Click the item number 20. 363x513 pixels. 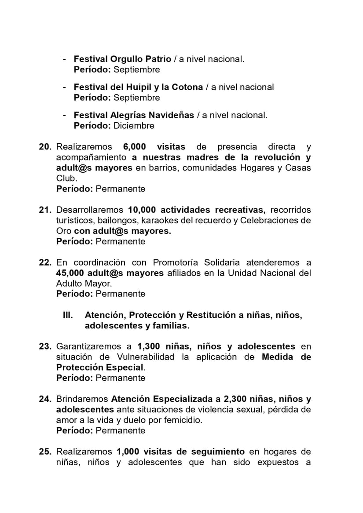[45, 147]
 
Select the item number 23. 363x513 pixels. [45, 346]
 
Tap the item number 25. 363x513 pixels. [45, 451]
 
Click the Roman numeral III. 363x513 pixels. [69, 315]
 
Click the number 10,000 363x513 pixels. [142, 210]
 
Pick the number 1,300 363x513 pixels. [148, 346]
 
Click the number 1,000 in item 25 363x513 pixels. [130, 451]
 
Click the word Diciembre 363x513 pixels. [134, 126]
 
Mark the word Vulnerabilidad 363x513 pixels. [146, 357]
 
